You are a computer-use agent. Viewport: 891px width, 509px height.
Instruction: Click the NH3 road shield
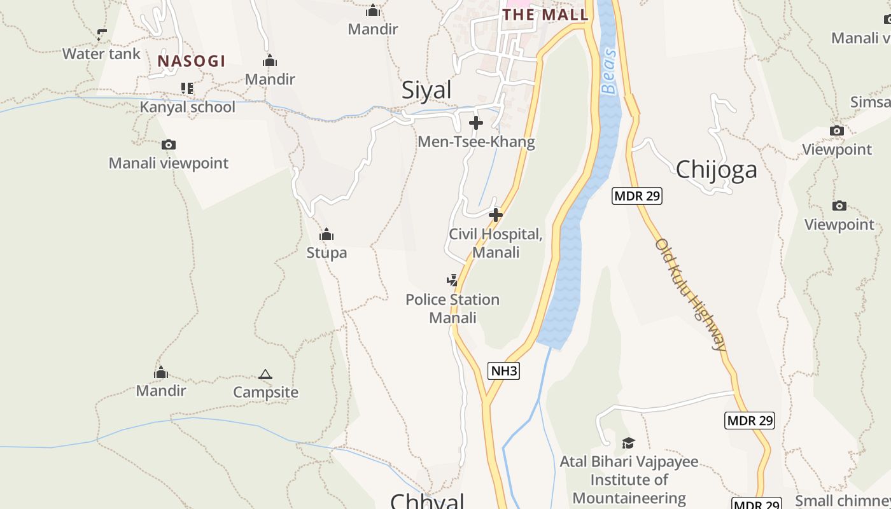(503, 371)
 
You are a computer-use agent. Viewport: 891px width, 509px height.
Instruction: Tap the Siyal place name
(426, 90)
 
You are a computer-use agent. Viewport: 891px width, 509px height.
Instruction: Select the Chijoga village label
(717, 170)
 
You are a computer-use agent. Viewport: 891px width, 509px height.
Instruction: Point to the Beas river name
(609, 71)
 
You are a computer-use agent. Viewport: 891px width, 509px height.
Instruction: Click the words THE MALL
(545, 15)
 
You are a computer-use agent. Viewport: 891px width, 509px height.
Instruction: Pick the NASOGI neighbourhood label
(192, 61)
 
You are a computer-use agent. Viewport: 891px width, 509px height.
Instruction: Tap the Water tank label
(101, 54)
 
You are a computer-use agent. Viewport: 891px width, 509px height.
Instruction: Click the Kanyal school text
(188, 107)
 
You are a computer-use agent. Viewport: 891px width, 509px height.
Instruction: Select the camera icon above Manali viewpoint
(169, 145)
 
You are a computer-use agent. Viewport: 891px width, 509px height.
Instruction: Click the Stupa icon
(326, 235)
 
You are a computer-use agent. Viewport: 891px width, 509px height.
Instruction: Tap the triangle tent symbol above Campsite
(265, 374)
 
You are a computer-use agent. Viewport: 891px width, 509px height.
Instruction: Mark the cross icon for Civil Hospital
(496, 215)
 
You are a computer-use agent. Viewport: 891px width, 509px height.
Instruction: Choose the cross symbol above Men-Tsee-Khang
(476, 123)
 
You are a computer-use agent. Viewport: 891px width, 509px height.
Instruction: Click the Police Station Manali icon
(452, 281)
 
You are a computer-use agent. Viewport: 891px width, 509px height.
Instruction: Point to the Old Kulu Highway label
(691, 295)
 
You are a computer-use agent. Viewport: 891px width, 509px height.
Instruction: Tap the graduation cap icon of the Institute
(628, 443)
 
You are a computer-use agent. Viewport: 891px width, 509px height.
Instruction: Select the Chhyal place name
(427, 501)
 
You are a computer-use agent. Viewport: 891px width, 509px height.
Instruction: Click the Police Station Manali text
(453, 309)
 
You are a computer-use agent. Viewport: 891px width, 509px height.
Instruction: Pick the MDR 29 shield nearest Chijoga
(637, 196)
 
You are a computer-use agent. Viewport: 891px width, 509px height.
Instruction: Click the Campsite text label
(265, 392)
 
